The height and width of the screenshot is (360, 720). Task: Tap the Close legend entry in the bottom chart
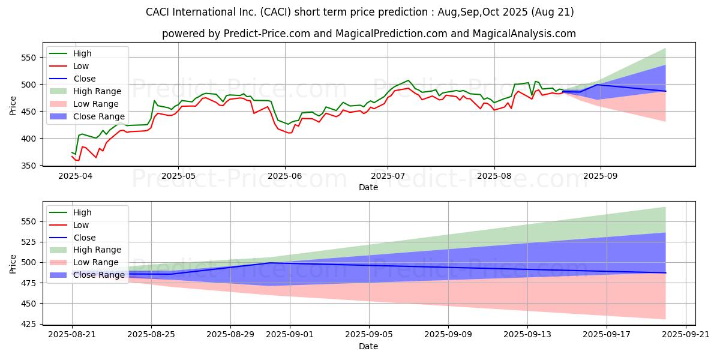(x=85, y=238)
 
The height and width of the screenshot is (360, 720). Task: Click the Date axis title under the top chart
(x=368, y=188)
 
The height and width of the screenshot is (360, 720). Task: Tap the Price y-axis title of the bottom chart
(x=13, y=263)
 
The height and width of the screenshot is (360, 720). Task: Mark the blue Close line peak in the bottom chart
(x=270, y=263)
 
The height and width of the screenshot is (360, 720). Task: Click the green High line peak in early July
(x=408, y=80)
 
